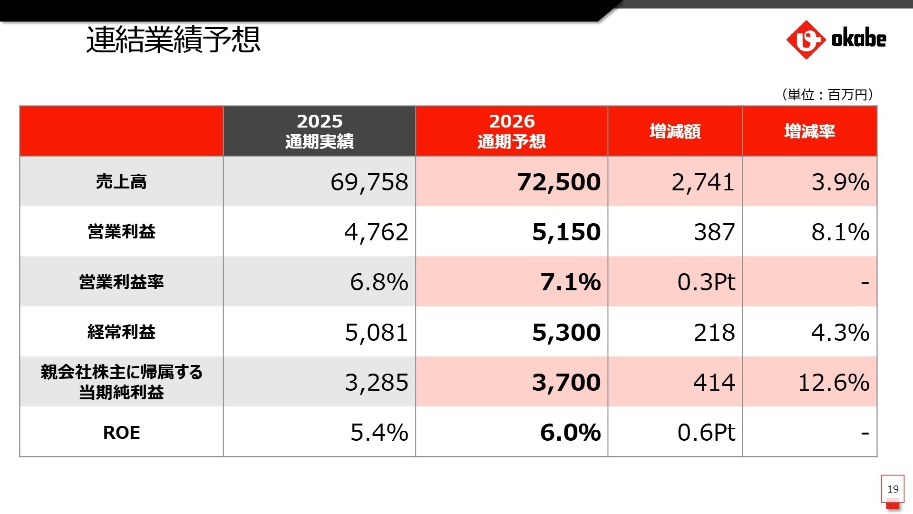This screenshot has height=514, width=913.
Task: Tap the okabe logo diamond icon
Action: point(806,40)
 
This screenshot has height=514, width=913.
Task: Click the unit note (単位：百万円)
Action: point(827,94)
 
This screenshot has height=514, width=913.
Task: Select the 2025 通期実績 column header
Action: point(320,131)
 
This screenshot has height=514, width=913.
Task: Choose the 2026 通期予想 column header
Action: point(512,131)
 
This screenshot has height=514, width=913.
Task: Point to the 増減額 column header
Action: point(675,131)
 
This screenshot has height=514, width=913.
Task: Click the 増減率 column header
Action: point(809,131)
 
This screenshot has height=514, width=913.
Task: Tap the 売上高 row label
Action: point(121,181)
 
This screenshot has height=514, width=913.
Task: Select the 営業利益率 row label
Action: point(121,282)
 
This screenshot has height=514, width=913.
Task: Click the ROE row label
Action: point(121,432)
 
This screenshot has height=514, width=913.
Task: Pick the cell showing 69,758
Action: point(369,182)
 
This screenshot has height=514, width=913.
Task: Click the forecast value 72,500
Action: point(559,182)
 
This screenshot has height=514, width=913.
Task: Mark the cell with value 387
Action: point(714,232)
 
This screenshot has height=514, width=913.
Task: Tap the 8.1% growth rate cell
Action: point(840,232)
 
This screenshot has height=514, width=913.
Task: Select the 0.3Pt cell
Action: point(706,282)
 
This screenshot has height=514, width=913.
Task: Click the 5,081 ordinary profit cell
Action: point(376,332)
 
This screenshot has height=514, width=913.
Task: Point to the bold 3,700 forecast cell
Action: point(566,382)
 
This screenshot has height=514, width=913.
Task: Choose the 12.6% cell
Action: point(834,382)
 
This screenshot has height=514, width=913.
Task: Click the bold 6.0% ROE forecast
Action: point(570,432)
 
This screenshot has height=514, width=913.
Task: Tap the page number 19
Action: point(893,489)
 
